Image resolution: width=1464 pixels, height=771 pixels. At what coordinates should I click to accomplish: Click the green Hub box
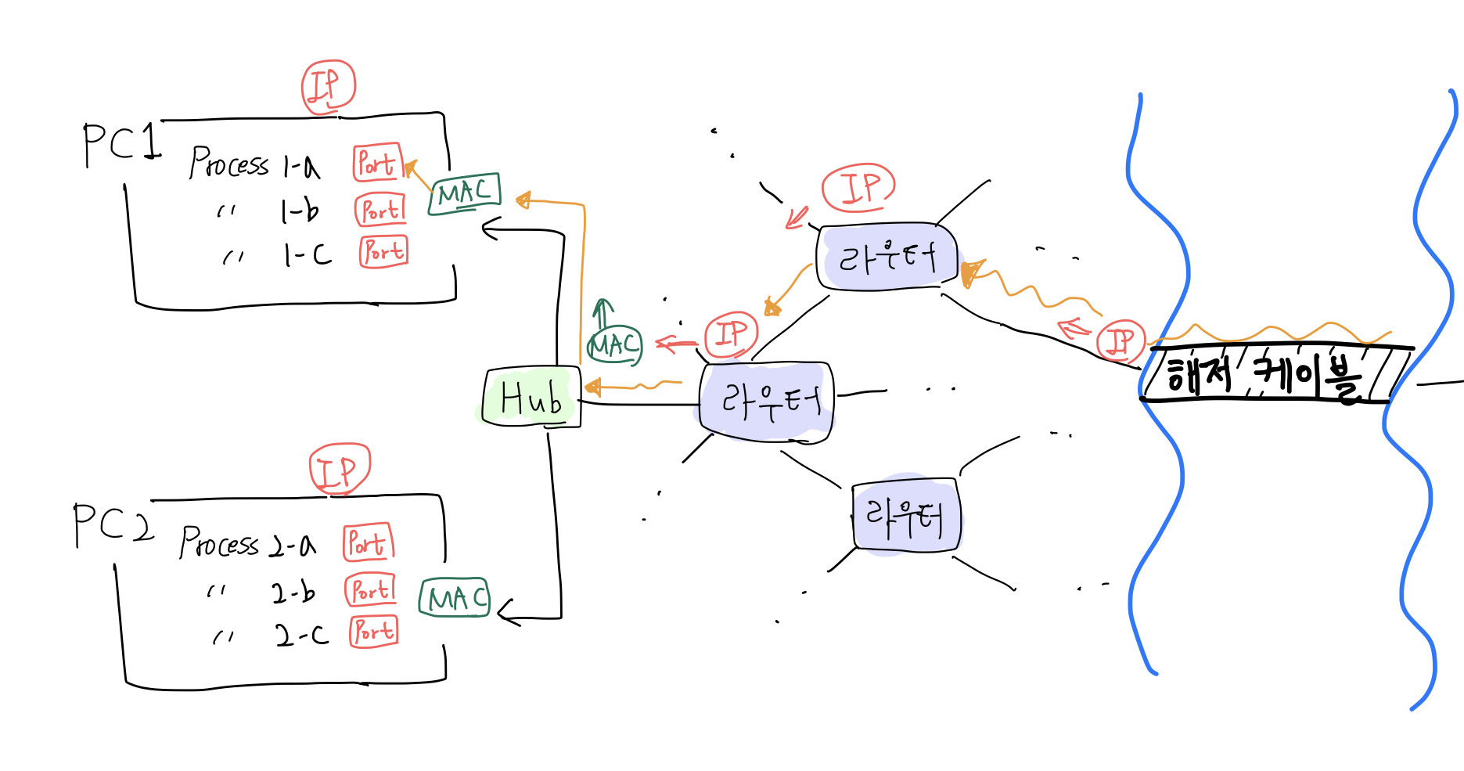[x=532, y=398]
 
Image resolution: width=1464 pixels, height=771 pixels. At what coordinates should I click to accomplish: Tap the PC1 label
[x=121, y=144]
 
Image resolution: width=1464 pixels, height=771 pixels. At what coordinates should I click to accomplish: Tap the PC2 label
[x=112, y=524]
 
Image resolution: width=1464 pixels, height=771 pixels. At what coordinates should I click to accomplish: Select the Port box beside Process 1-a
[x=377, y=163]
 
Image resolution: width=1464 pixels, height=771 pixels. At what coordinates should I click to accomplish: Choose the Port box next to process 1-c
[x=383, y=252]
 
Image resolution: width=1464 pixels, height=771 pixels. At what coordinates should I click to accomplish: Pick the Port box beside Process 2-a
[x=368, y=542]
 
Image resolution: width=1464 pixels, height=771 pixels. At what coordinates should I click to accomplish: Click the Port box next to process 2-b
[x=370, y=589]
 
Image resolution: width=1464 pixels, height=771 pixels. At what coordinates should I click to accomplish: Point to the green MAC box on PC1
[x=464, y=193]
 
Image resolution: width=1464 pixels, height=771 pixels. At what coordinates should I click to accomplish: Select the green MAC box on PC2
[x=454, y=599]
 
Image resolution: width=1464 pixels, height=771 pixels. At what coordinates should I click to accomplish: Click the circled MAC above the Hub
[x=615, y=345]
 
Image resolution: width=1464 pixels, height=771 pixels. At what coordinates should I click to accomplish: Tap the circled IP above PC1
[x=329, y=87]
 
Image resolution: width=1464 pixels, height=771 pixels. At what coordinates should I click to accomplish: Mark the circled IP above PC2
[x=340, y=470]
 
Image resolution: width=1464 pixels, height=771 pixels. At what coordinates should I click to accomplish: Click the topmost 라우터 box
[x=887, y=257]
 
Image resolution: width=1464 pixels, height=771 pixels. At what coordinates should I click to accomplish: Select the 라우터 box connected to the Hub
[x=767, y=402]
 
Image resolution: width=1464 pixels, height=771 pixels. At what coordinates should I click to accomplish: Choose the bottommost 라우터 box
[x=906, y=515]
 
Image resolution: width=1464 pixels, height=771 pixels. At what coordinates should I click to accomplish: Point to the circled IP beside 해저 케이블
[x=1120, y=340]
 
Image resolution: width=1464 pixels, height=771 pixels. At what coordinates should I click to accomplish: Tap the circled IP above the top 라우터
[x=858, y=188]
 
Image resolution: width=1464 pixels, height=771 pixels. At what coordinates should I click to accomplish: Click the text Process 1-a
[x=255, y=163]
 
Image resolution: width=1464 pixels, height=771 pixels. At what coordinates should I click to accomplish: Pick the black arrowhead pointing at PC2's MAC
[x=506, y=612]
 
